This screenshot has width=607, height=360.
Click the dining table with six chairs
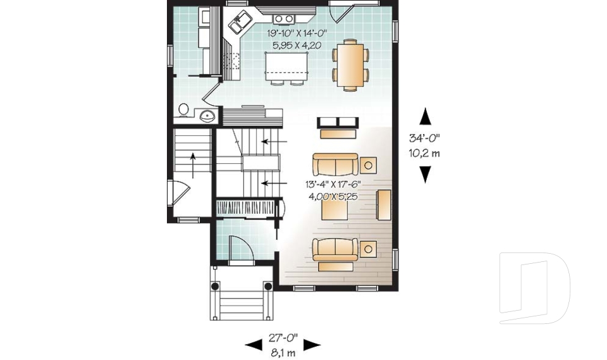[350, 65]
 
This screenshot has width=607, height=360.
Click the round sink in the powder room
[207, 115]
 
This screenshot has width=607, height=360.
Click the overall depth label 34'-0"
[425, 139]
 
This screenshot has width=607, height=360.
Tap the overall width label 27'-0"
[283, 338]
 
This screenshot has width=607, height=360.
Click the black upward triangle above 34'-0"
[426, 116]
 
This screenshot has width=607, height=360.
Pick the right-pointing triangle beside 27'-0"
[312, 345]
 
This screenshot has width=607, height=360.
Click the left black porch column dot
[216, 286]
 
